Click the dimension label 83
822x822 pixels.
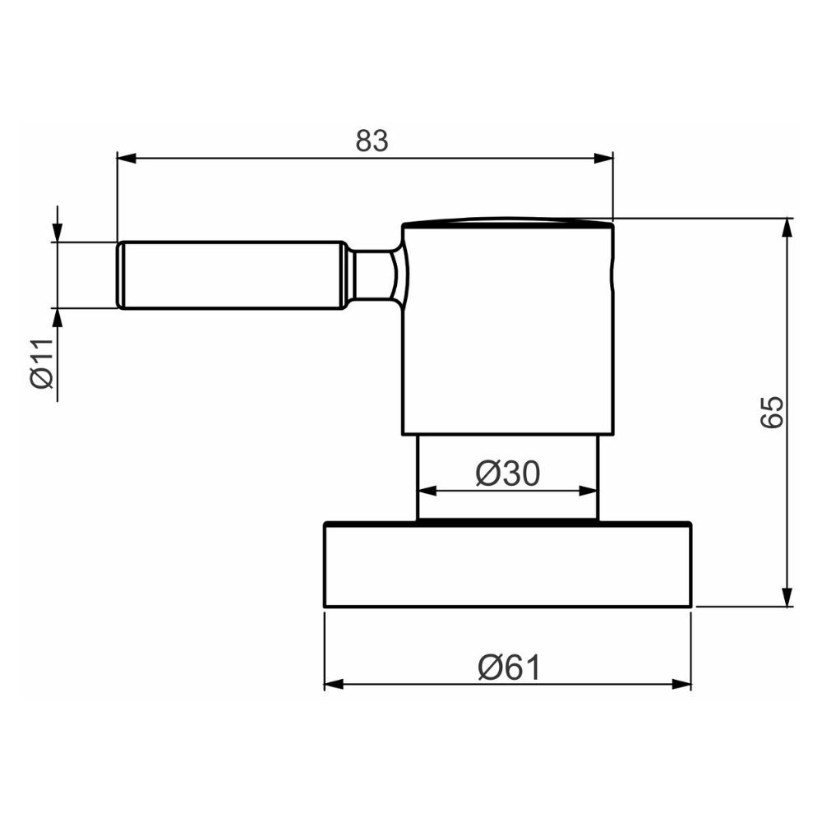372,141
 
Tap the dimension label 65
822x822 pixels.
772,412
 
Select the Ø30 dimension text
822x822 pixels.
508,473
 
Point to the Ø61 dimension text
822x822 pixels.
509,668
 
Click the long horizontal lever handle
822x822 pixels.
230,275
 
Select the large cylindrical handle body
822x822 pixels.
508,329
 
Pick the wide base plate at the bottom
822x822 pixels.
508,566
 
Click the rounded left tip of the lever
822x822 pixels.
120,275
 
